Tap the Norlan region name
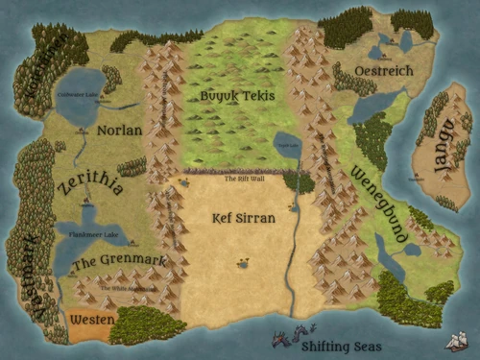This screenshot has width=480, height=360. coord(119,130)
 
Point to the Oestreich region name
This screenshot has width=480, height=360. coord(383,71)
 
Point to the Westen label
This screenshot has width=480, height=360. coord(93,319)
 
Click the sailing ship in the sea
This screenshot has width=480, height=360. coord(457,340)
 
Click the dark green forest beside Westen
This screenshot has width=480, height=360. coord(148,325)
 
